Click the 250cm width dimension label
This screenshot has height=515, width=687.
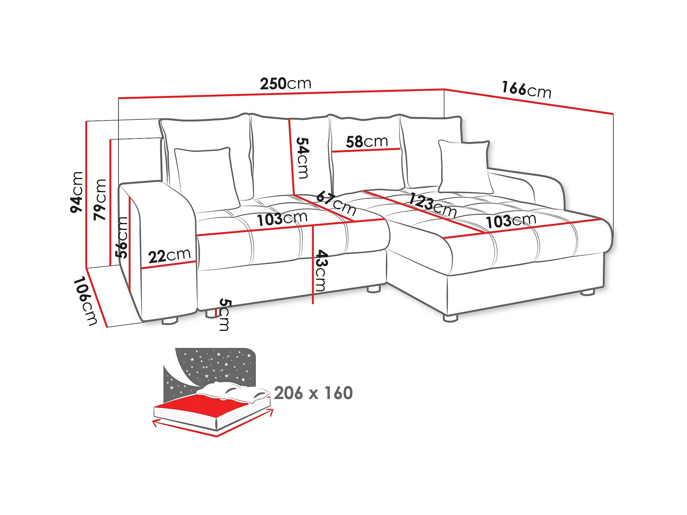(286, 84)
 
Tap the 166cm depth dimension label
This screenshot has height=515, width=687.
(527, 89)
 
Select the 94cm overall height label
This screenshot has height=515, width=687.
(77, 192)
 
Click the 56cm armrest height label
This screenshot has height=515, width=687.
(122, 237)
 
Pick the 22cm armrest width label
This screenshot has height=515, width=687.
(169, 256)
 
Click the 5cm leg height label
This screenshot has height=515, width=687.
(225, 314)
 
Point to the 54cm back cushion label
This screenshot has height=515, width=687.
(302, 158)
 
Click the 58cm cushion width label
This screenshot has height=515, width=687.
(367, 142)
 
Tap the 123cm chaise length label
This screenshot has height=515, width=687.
(432, 205)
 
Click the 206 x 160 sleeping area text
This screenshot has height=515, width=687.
(313, 393)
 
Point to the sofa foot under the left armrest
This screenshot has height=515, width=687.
(170, 321)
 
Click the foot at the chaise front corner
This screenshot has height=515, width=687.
(450, 318)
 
